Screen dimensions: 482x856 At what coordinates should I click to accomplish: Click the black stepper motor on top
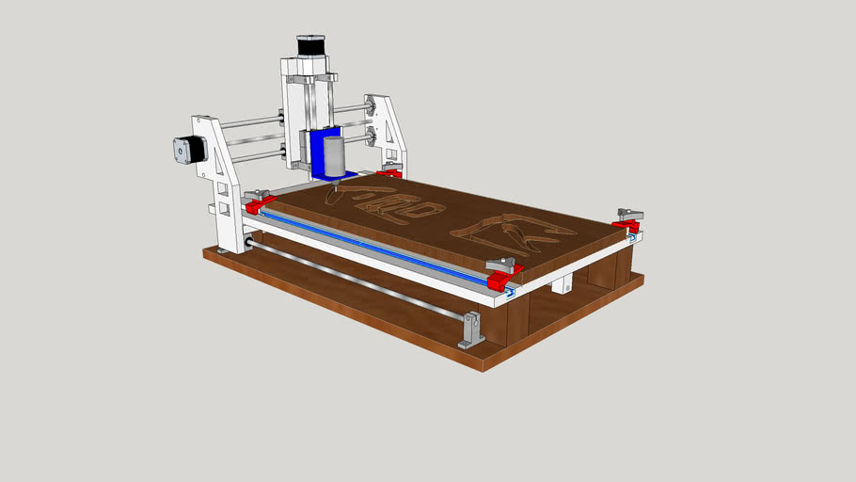310,45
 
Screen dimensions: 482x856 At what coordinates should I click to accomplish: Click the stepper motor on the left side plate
188,151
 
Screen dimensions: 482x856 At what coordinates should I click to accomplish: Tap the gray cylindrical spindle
335,156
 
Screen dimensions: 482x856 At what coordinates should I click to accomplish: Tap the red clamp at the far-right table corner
624,226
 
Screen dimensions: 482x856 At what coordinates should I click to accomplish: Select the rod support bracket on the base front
470,330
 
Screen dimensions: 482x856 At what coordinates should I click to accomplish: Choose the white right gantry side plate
391,132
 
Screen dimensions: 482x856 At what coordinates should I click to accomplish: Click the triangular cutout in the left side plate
219,166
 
